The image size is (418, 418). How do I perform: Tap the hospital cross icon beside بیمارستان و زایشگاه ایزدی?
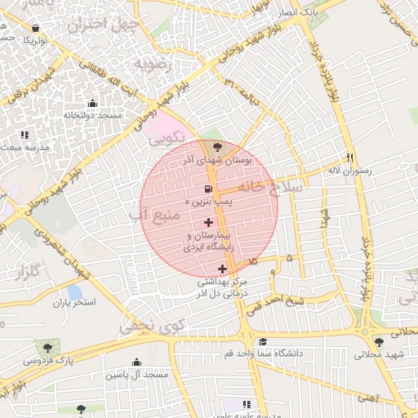pos(208,222)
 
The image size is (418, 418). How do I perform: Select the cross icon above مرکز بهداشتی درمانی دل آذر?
pos(222,269)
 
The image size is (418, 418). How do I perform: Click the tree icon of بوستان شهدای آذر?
pos(216,147)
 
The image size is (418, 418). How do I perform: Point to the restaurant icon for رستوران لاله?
pos(350,158)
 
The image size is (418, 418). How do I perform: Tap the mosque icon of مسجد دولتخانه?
pos(91,104)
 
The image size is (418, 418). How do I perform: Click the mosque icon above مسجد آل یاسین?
pos(136,362)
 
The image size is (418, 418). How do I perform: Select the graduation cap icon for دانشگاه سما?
pos(262,342)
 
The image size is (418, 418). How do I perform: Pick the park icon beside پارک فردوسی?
pos(39,347)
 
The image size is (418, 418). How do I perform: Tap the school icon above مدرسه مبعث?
pos(24,134)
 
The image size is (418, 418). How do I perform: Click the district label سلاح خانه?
pos(273,187)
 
